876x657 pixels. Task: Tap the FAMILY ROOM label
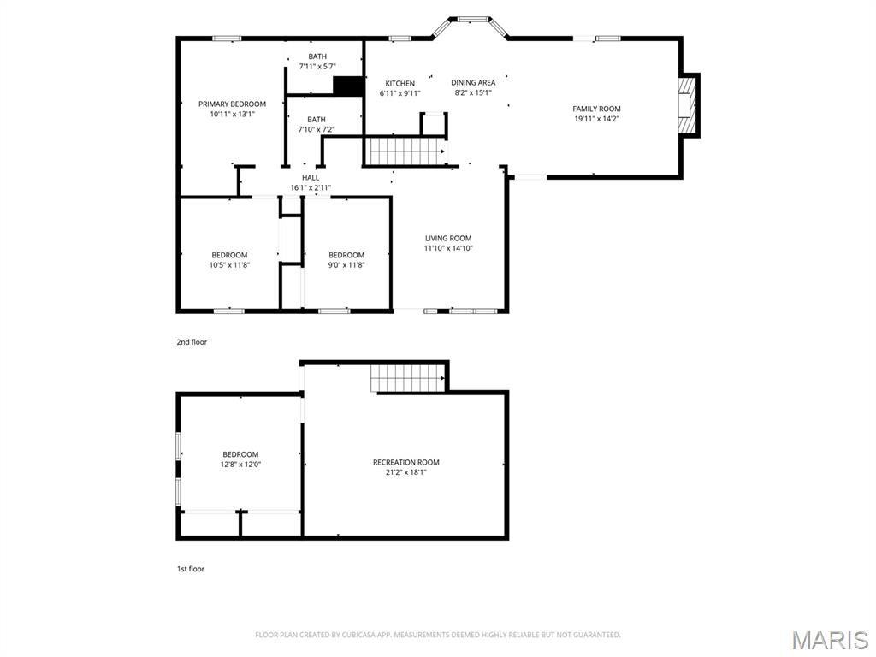[596, 109]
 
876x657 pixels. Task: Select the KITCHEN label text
[400, 84]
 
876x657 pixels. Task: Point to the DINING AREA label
[473, 82]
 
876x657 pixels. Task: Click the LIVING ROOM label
[448, 238]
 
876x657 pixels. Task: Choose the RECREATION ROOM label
[405, 462]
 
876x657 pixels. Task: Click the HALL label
[310, 177]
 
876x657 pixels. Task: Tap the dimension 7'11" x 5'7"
[317, 66]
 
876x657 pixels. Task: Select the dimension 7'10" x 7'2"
[316, 129]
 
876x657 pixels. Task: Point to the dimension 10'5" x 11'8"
[229, 265]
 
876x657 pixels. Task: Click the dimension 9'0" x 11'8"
[346, 265]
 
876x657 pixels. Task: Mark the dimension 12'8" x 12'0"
[240, 465]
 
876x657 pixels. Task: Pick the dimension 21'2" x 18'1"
[405, 472]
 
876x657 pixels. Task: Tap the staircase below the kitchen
[405, 151]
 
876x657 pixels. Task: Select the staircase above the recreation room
[408, 377]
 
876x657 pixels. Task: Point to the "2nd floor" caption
[192, 342]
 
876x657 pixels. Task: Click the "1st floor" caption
[190, 569]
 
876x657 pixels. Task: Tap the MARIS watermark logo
[829, 640]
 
